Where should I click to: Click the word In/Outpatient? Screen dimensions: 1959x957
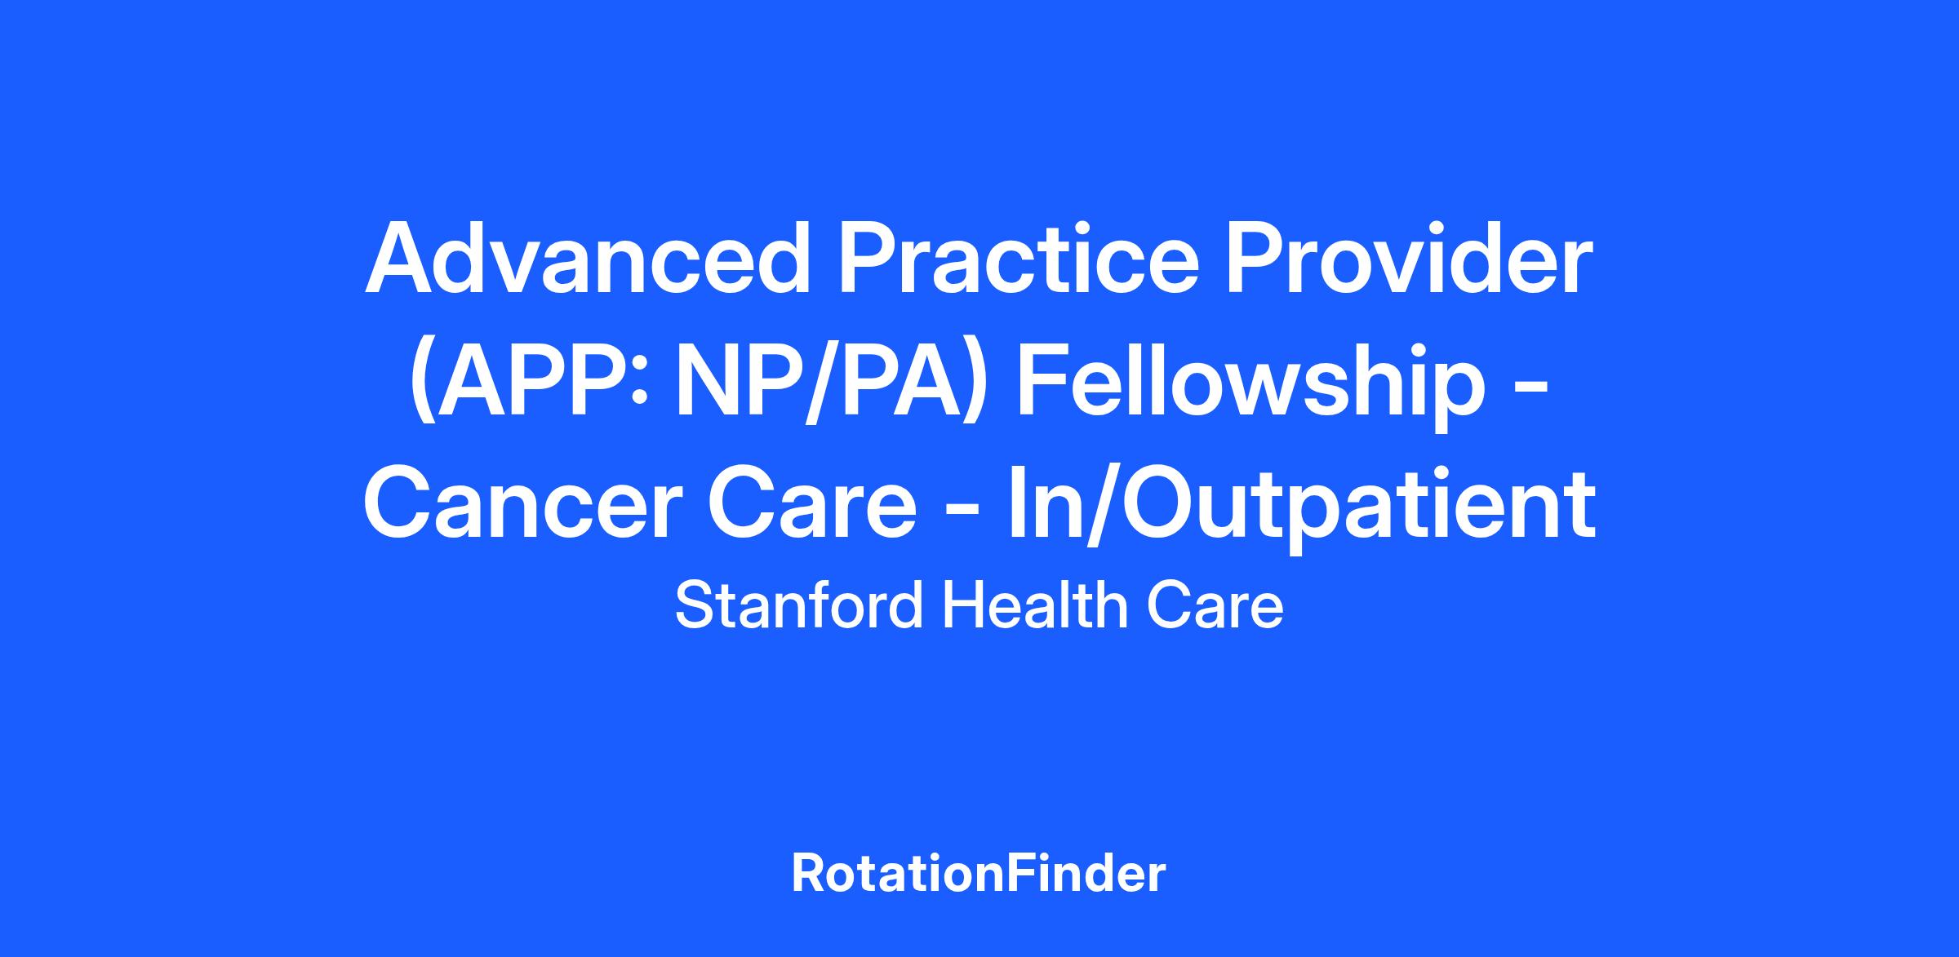[x=1302, y=507]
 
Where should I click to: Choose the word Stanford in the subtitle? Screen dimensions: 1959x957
[x=800, y=607]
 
